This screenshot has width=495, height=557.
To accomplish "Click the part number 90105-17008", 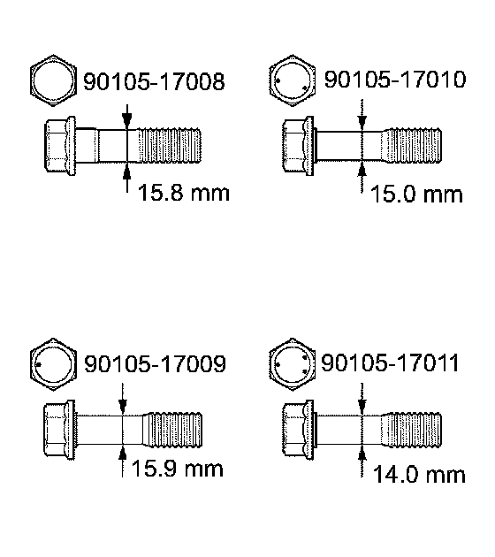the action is point(154,81).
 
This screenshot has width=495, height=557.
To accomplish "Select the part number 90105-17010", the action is point(395,80).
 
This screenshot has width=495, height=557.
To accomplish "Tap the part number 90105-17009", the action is point(155,363).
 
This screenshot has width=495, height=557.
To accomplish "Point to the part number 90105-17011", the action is point(390,362).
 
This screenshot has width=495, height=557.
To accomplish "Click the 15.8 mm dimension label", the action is point(184,193).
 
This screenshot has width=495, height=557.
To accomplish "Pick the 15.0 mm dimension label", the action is point(416,195).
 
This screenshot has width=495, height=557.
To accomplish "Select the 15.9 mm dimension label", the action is point(177,469).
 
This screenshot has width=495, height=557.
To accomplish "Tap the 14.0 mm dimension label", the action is point(419,475).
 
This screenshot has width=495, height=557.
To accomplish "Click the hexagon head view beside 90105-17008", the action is point(53,80).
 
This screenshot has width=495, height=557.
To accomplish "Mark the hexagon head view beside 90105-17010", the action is point(292,80).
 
